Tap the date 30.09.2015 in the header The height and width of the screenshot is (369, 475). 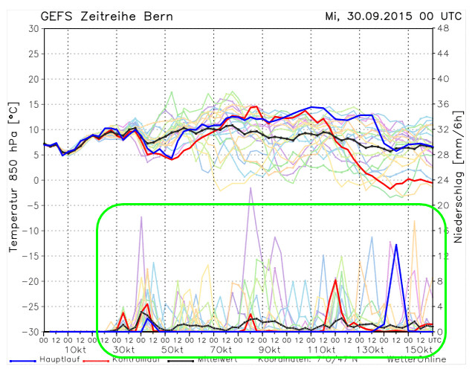click(377, 15)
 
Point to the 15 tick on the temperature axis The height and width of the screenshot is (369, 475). click(32, 104)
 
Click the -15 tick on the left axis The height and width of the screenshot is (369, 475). click(29, 256)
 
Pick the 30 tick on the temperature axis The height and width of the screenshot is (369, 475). click(32, 28)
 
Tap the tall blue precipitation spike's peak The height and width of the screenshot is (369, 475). click(397, 244)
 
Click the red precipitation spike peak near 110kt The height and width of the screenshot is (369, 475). click(336, 280)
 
